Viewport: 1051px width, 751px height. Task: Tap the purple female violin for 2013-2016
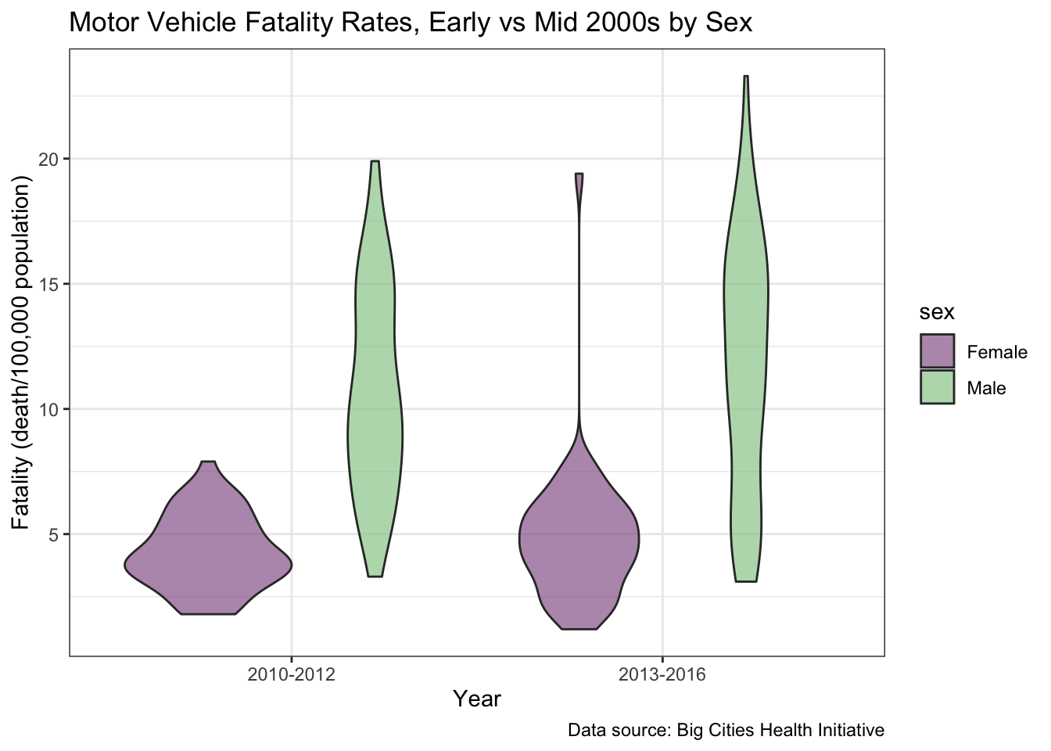point(579,540)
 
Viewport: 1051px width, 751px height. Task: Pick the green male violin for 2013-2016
point(746,352)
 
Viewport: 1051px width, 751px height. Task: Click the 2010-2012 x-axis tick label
point(291,675)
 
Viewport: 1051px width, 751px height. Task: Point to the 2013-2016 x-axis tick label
point(662,675)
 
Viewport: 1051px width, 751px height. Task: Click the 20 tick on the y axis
point(49,159)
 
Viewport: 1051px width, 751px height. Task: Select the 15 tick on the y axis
point(49,284)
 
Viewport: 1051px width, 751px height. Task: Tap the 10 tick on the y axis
point(49,409)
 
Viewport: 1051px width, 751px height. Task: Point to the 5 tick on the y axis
point(53,534)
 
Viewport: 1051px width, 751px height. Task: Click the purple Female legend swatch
point(937,352)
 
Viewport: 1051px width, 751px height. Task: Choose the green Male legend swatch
point(937,387)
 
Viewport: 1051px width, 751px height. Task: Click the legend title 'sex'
point(936,313)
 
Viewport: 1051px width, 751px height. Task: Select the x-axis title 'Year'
point(477,699)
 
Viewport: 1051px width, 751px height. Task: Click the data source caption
point(726,731)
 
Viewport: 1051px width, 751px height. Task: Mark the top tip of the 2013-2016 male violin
point(746,77)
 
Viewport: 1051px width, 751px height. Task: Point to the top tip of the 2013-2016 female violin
point(579,175)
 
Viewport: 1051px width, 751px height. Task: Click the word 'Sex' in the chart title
point(728,23)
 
